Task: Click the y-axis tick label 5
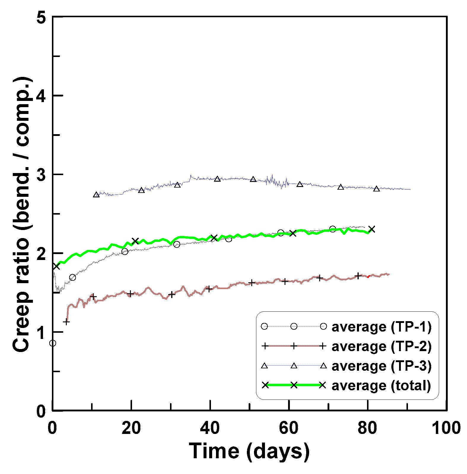[42, 18]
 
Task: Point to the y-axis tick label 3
[42, 175]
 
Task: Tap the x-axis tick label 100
[446, 428]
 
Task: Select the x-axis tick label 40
[210, 428]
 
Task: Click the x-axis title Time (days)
[249, 451]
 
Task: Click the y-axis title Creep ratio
[21, 214]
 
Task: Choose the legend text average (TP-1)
[381, 327]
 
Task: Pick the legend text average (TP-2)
[381, 346]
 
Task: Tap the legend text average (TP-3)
[381, 366]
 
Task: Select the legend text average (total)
[381, 386]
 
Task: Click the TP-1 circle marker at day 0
[53, 343]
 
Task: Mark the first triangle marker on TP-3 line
[96, 195]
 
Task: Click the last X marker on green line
[371, 229]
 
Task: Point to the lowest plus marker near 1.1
[66, 322]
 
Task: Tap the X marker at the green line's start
[56, 266]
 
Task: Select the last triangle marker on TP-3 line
[377, 189]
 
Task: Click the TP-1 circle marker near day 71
[333, 229]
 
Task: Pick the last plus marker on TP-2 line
[358, 276]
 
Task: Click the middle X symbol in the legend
[294, 385]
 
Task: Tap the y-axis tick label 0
[42, 411]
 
